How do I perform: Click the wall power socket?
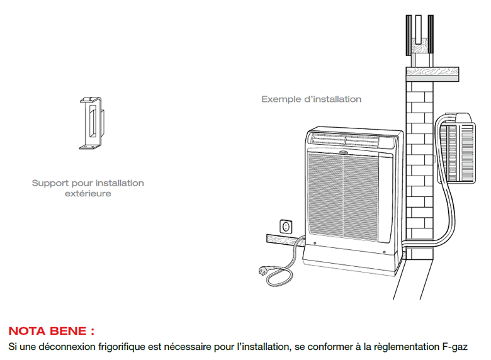pyautogui.click(x=286, y=227)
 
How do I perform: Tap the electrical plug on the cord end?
pyautogui.click(x=266, y=270)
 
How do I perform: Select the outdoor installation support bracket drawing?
pyautogui.click(x=92, y=123)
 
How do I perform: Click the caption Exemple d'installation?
pyautogui.click(x=311, y=99)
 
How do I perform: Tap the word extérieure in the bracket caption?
pyautogui.click(x=88, y=193)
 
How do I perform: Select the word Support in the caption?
pyautogui.click(x=50, y=183)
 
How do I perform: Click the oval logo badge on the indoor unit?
pyautogui.click(x=344, y=153)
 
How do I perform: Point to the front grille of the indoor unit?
pyautogui.click(x=343, y=196)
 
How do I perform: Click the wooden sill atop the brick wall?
pyautogui.click(x=432, y=74)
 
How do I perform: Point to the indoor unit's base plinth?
pyautogui.click(x=351, y=261)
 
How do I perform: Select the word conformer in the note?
pyautogui.click(x=329, y=347)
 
